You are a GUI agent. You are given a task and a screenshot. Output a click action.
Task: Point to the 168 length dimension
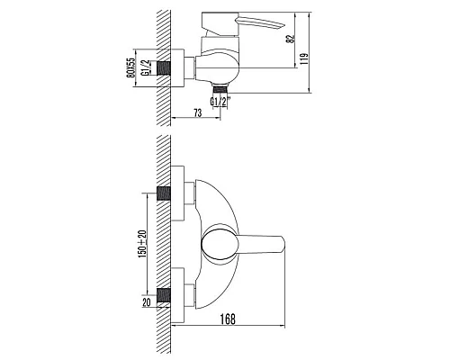[x=229, y=318]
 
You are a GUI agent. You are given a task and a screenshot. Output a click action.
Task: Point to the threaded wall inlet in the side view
[x=165, y=67]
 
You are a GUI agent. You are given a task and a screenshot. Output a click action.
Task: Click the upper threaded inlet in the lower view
[x=165, y=192]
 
